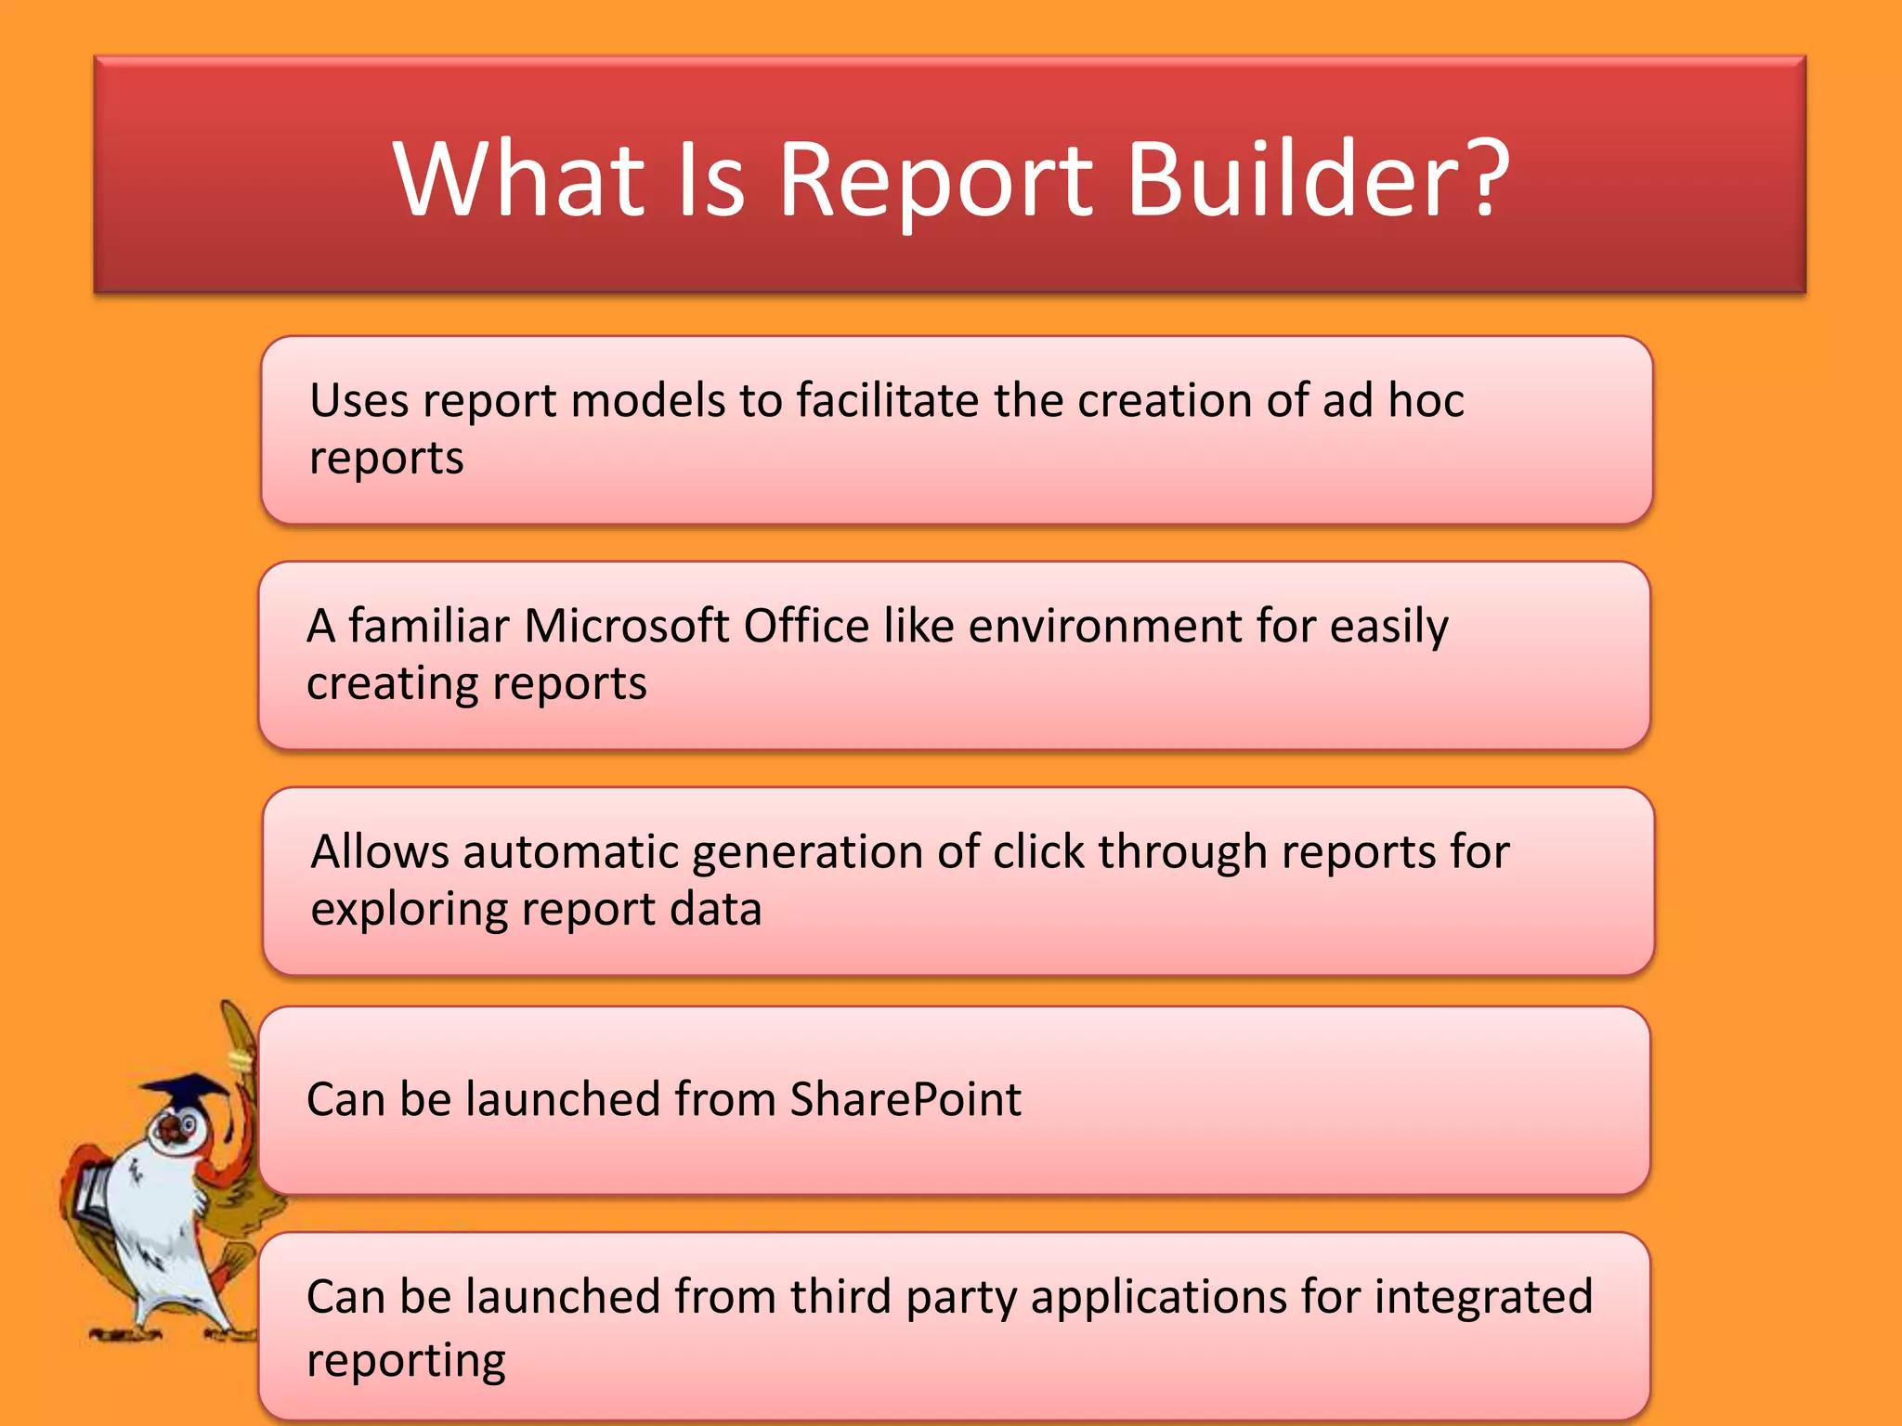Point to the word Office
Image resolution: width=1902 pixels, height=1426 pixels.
click(x=805, y=626)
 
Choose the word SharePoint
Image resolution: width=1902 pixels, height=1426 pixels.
click(x=905, y=1099)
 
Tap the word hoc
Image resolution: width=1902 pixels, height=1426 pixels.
click(x=1426, y=401)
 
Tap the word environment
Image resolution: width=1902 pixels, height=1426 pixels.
click(x=1104, y=626)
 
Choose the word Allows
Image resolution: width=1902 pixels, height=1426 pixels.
click(x=380, y=852)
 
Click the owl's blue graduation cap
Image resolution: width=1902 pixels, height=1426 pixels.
click(x=190, y=1090)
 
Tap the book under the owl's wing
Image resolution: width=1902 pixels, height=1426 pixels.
click(x=94, y=1198)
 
